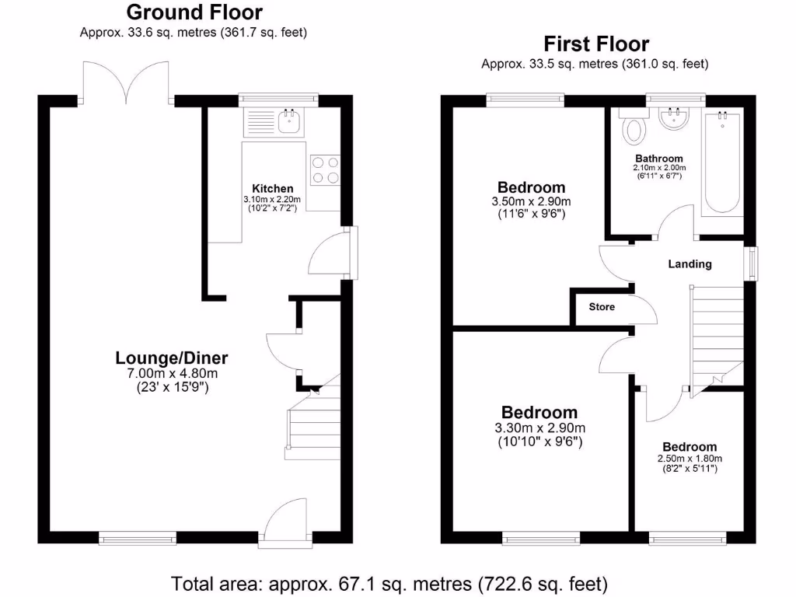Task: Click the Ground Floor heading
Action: (194, 12)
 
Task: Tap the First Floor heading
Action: (596, 44)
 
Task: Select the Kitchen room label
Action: (272, 188)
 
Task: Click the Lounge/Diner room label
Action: (171, 358)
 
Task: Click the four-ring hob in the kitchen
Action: (325, 170)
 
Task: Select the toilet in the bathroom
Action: (634, 127)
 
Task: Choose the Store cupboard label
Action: (601, 307)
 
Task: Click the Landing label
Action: (690, 264)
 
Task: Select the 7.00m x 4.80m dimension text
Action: (171, 373)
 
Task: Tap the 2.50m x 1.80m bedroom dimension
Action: (689, 459)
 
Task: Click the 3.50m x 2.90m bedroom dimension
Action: (531, 201)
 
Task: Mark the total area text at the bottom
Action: (389, 583)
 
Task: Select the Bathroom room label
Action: (660, 159)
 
